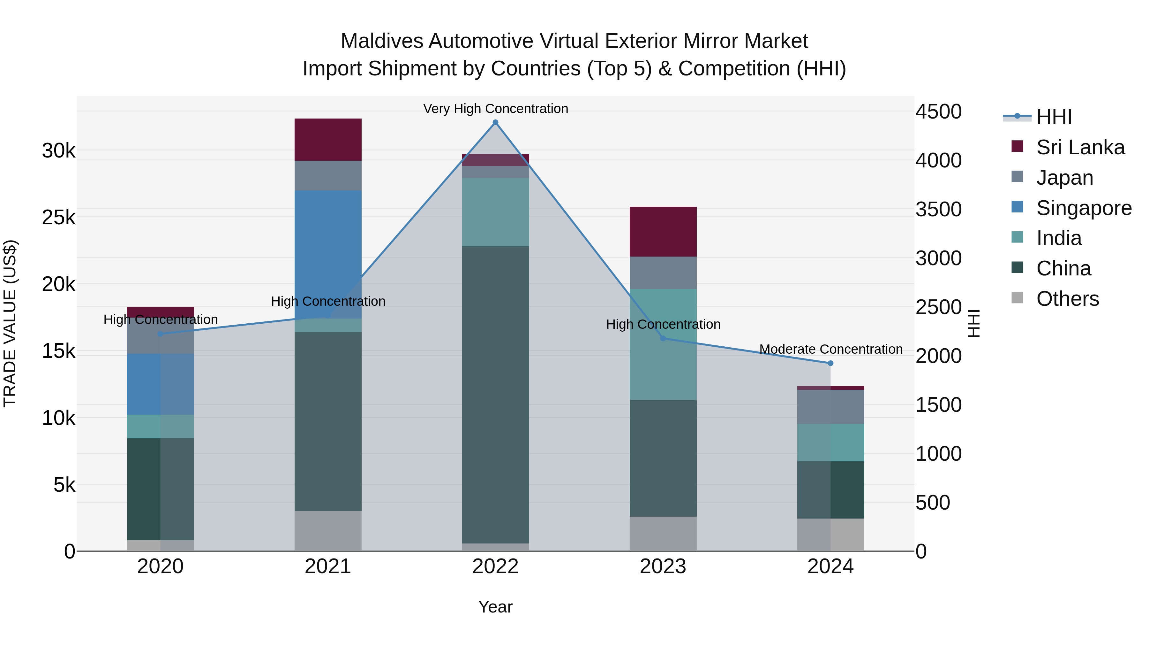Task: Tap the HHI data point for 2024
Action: click(x=830, y=364)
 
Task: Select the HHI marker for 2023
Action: click(x=663, y=338)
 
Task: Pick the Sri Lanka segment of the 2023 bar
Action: click(x=663, y=231)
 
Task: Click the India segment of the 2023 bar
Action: click(x=663, y=344)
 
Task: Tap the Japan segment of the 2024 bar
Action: click(x=830, y=407)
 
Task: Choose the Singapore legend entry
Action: click(x=1084, y=208)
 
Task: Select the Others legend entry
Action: click(x=1067, y=299)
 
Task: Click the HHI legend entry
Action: click(x=1054, y=117)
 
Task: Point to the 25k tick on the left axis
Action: click(x=59, y=218)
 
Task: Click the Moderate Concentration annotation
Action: click(x=830, y=349)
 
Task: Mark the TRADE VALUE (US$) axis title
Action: click(x=10, y=323)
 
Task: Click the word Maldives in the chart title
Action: click(x=381, y=41)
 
